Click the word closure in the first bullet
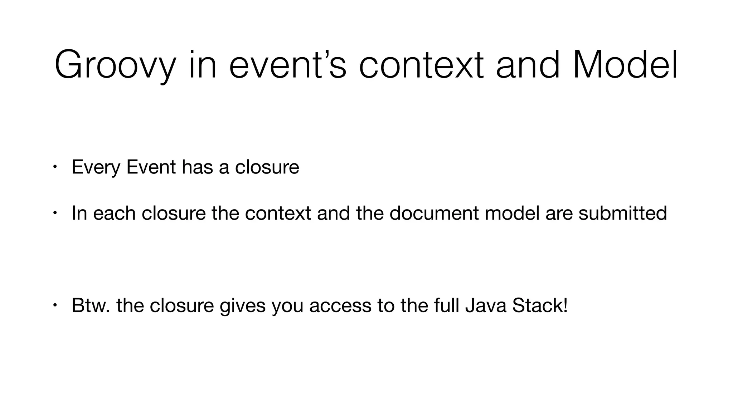click(x=267, y=167)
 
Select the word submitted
click(x=622, y=213)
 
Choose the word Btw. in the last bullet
click(x=91, y=305)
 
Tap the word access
click(x=340, y=306)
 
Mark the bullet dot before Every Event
click(x=54, y=167)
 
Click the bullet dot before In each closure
click(x=54, y=213)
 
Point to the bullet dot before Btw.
click(x=54, y=305)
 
